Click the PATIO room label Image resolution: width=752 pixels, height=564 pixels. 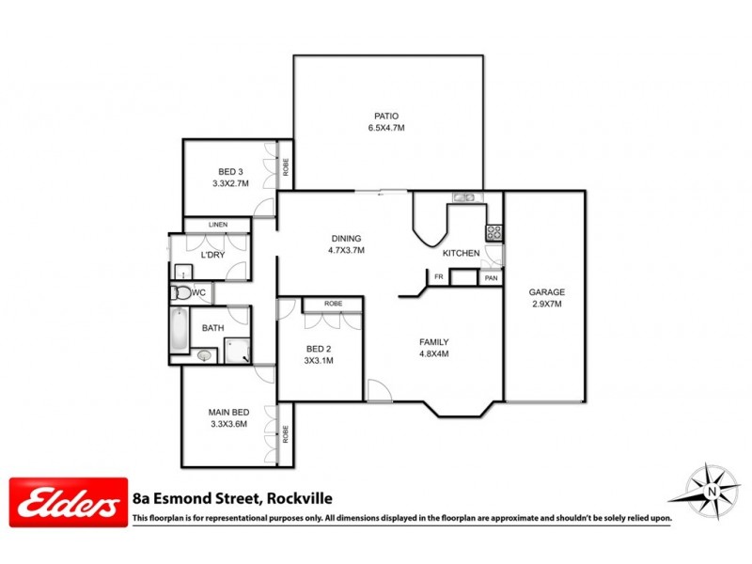[386, 116]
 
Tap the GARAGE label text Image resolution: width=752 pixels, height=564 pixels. [545, 292]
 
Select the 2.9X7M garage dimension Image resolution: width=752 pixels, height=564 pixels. [545, 305]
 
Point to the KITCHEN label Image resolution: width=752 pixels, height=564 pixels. [462, 254]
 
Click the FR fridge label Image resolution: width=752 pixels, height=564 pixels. [438, 276]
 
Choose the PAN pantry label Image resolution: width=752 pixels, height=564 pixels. [491, 278]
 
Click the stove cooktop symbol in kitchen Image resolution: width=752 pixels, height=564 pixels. [493, 231]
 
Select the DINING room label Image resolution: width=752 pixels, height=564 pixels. [346, 239]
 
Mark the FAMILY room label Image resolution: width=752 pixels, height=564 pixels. [433, 342]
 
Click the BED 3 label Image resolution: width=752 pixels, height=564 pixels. [230, 172]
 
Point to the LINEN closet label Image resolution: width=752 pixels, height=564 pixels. [218, 226]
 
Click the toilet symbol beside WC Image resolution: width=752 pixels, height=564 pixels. [180, 293]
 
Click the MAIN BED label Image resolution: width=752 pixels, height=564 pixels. [228, 412]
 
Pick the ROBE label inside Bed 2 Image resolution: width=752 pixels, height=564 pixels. [333, 304]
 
